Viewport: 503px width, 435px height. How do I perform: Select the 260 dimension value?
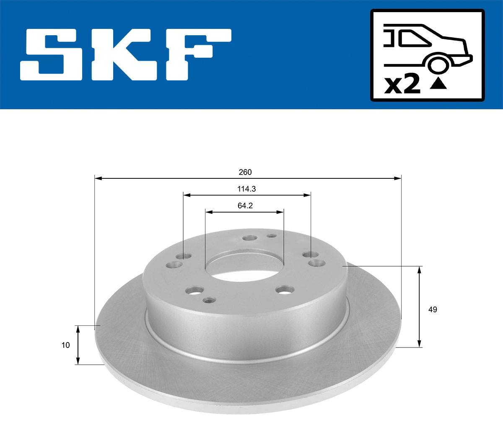pos(245,172)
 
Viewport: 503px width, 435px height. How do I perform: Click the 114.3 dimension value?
pos(246,189)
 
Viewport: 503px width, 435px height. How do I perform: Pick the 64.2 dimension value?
pos(245,206)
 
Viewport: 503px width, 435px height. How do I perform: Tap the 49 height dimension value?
pos(433,309)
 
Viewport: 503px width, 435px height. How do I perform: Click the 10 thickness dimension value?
pos(65,345)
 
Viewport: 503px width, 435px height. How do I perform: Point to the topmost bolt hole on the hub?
pos(250,238)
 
